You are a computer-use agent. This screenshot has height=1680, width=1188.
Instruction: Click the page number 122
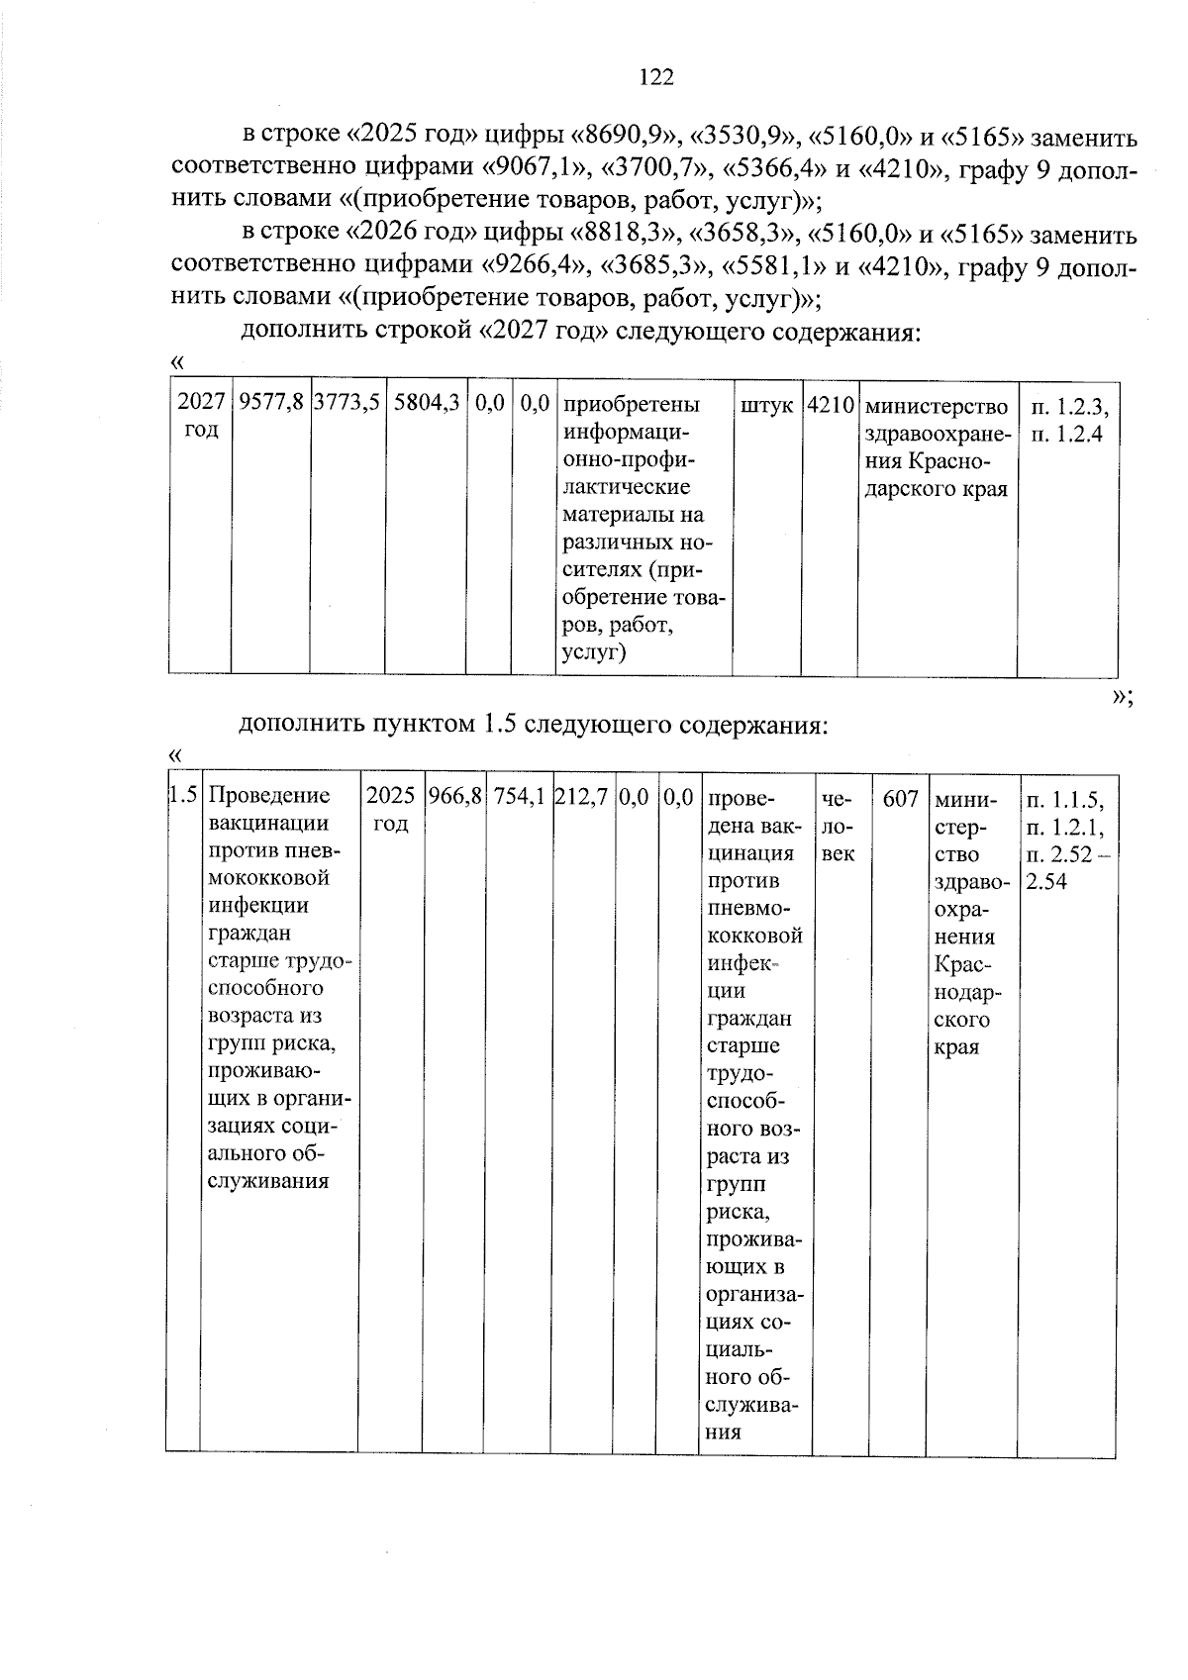[x=656, y=77]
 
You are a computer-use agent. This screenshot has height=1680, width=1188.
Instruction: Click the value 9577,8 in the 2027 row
[x=270, y=404]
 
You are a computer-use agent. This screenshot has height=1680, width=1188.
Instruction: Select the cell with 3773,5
[x=346, y=404]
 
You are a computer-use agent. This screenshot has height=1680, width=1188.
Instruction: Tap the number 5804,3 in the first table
[x=426, y=404]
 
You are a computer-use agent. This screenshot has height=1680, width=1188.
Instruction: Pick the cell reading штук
[x=766, y=405]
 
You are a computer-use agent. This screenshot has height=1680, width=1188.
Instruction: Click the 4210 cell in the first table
[x=830, y=405]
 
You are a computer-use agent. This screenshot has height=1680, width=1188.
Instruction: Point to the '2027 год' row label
[x=201, y=416]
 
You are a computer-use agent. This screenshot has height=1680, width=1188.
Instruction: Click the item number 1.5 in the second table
[x=182, y=796]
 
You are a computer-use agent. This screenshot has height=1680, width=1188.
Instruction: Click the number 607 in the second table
[x=900, y=798]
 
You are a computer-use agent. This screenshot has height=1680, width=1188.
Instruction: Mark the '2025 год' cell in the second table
[x=390, y=810]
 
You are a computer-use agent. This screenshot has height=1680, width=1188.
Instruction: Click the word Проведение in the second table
[x=269, y=796]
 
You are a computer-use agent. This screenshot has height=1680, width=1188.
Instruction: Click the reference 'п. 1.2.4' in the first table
[x=1066, y=434]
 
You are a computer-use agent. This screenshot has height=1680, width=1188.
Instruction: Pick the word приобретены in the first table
[x=631, y=405]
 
